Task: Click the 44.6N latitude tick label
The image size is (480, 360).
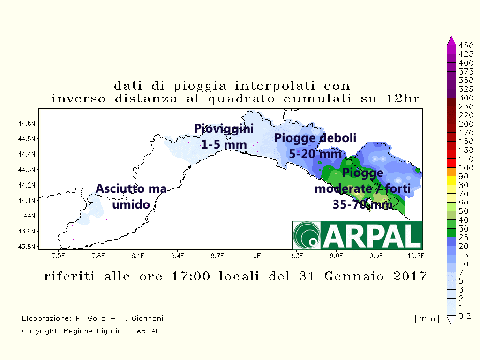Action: click(x=27, y=123)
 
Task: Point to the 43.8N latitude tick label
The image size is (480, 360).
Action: click(x=27, y=247)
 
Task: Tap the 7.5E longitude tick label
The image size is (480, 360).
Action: click(x=59, y=255)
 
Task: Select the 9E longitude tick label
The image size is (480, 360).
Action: click(x=257, y=255)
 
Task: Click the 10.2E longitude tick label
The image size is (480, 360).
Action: click(x=416, y=255)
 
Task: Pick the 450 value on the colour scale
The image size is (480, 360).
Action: click(x=466, y=45)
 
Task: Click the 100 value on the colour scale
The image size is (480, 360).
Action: click(x=466, y=167)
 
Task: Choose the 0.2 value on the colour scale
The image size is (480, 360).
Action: click(x=465, y=316)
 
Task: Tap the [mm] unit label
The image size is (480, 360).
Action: click(x=427, y=318)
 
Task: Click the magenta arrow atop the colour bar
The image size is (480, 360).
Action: click(x=451, y=41)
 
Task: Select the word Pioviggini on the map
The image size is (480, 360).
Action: click(x=224, y=129)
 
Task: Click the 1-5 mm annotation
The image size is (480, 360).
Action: click(x=224, y=144)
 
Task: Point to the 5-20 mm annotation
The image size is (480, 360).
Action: click(x=315, y=154)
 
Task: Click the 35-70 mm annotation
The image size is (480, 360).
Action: click(x=363, y=204)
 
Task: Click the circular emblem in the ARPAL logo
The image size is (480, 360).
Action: click(x=307, y=235)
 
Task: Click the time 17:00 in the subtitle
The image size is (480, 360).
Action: click(x=191, y=276)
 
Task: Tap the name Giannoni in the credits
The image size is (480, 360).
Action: click(x=147, y=318)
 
